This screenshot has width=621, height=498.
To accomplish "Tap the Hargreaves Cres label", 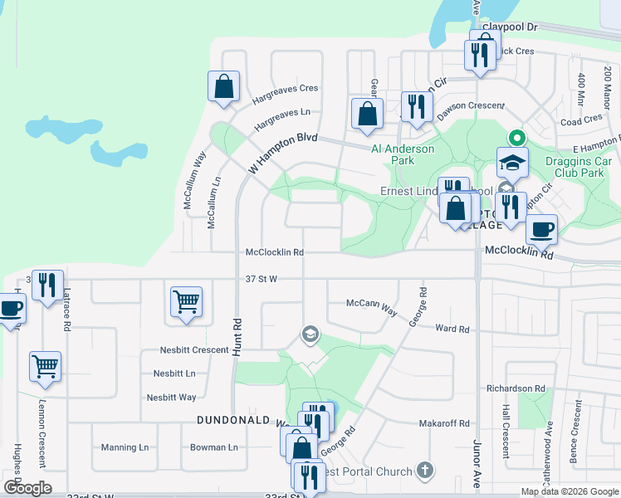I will (x=286, y=88).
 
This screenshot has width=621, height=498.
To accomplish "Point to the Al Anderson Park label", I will (x=403, y=154).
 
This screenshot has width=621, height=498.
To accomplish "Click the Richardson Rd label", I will (x=516, y=388).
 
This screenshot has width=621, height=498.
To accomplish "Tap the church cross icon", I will (x=426, y=471).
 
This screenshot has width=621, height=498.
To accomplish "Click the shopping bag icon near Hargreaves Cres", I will (x=223, y=85).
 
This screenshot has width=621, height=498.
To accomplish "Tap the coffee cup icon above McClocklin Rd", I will (x=541, y=228).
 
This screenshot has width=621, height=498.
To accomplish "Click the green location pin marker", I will (x=516, y=138).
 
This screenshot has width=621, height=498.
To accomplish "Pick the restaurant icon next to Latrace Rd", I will (x=46, y=285).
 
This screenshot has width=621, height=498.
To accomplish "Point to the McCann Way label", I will (x=372, y=307).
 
